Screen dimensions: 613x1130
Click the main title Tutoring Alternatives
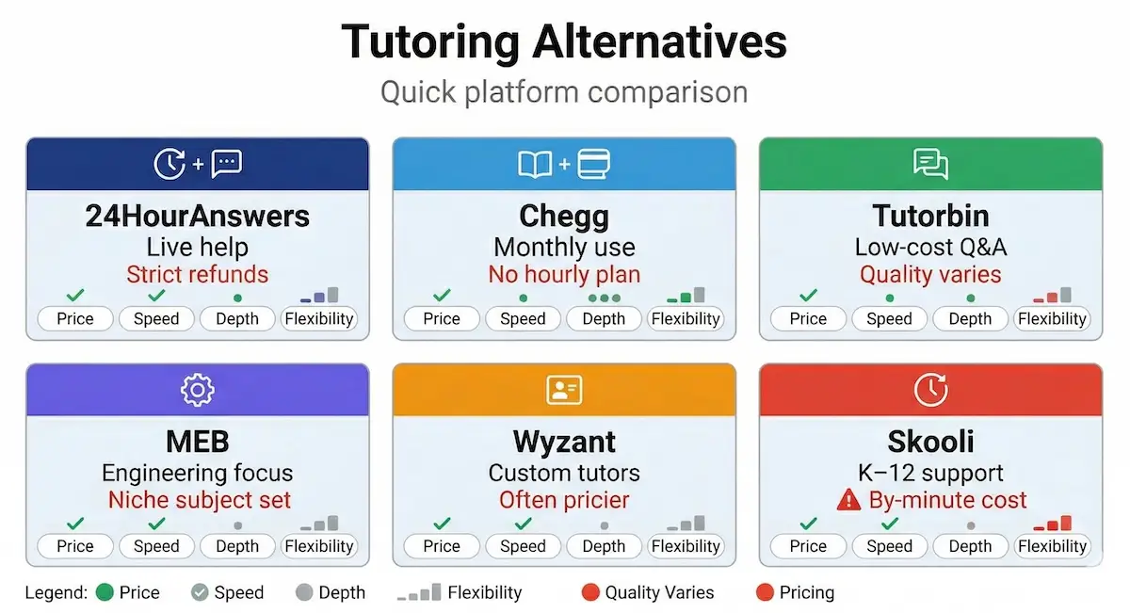564,41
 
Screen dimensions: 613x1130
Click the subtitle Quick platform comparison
564,92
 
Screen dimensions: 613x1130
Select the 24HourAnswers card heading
197,216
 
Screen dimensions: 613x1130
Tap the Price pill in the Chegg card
441,318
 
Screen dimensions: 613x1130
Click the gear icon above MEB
197,389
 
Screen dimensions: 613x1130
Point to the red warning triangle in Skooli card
848,500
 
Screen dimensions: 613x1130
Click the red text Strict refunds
197,275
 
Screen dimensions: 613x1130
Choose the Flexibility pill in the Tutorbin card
1052,318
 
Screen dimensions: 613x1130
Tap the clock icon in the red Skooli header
930,389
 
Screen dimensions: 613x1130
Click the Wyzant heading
564,442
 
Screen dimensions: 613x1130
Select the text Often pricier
564,500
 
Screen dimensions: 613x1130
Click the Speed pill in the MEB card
156,546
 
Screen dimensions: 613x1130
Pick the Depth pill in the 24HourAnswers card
237,318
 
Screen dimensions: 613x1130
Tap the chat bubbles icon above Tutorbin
930,164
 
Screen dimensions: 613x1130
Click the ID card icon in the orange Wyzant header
564,389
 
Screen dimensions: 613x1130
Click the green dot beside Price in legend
105,592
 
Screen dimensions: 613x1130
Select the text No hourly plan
564,275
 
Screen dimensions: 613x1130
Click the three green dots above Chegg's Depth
604,298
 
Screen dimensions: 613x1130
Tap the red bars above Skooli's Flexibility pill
1053,524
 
